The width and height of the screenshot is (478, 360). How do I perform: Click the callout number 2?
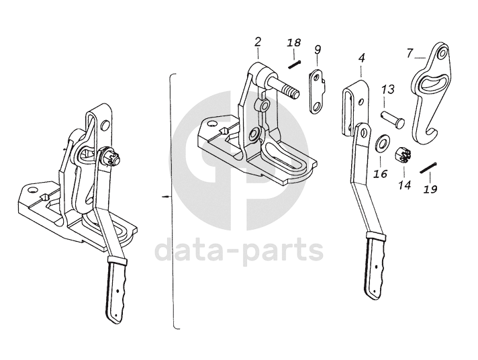coord(258,42)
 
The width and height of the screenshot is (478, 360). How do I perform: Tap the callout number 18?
coord(293,44)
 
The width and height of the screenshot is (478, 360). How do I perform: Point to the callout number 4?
coord(361,58)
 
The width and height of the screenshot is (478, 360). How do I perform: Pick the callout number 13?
coord(388,89)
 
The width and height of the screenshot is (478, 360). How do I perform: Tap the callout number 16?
coord(381,174)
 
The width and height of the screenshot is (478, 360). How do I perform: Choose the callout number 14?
coord(404,184)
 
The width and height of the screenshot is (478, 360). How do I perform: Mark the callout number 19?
coord(430,189)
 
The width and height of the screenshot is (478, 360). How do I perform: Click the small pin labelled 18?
coord(294,64)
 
